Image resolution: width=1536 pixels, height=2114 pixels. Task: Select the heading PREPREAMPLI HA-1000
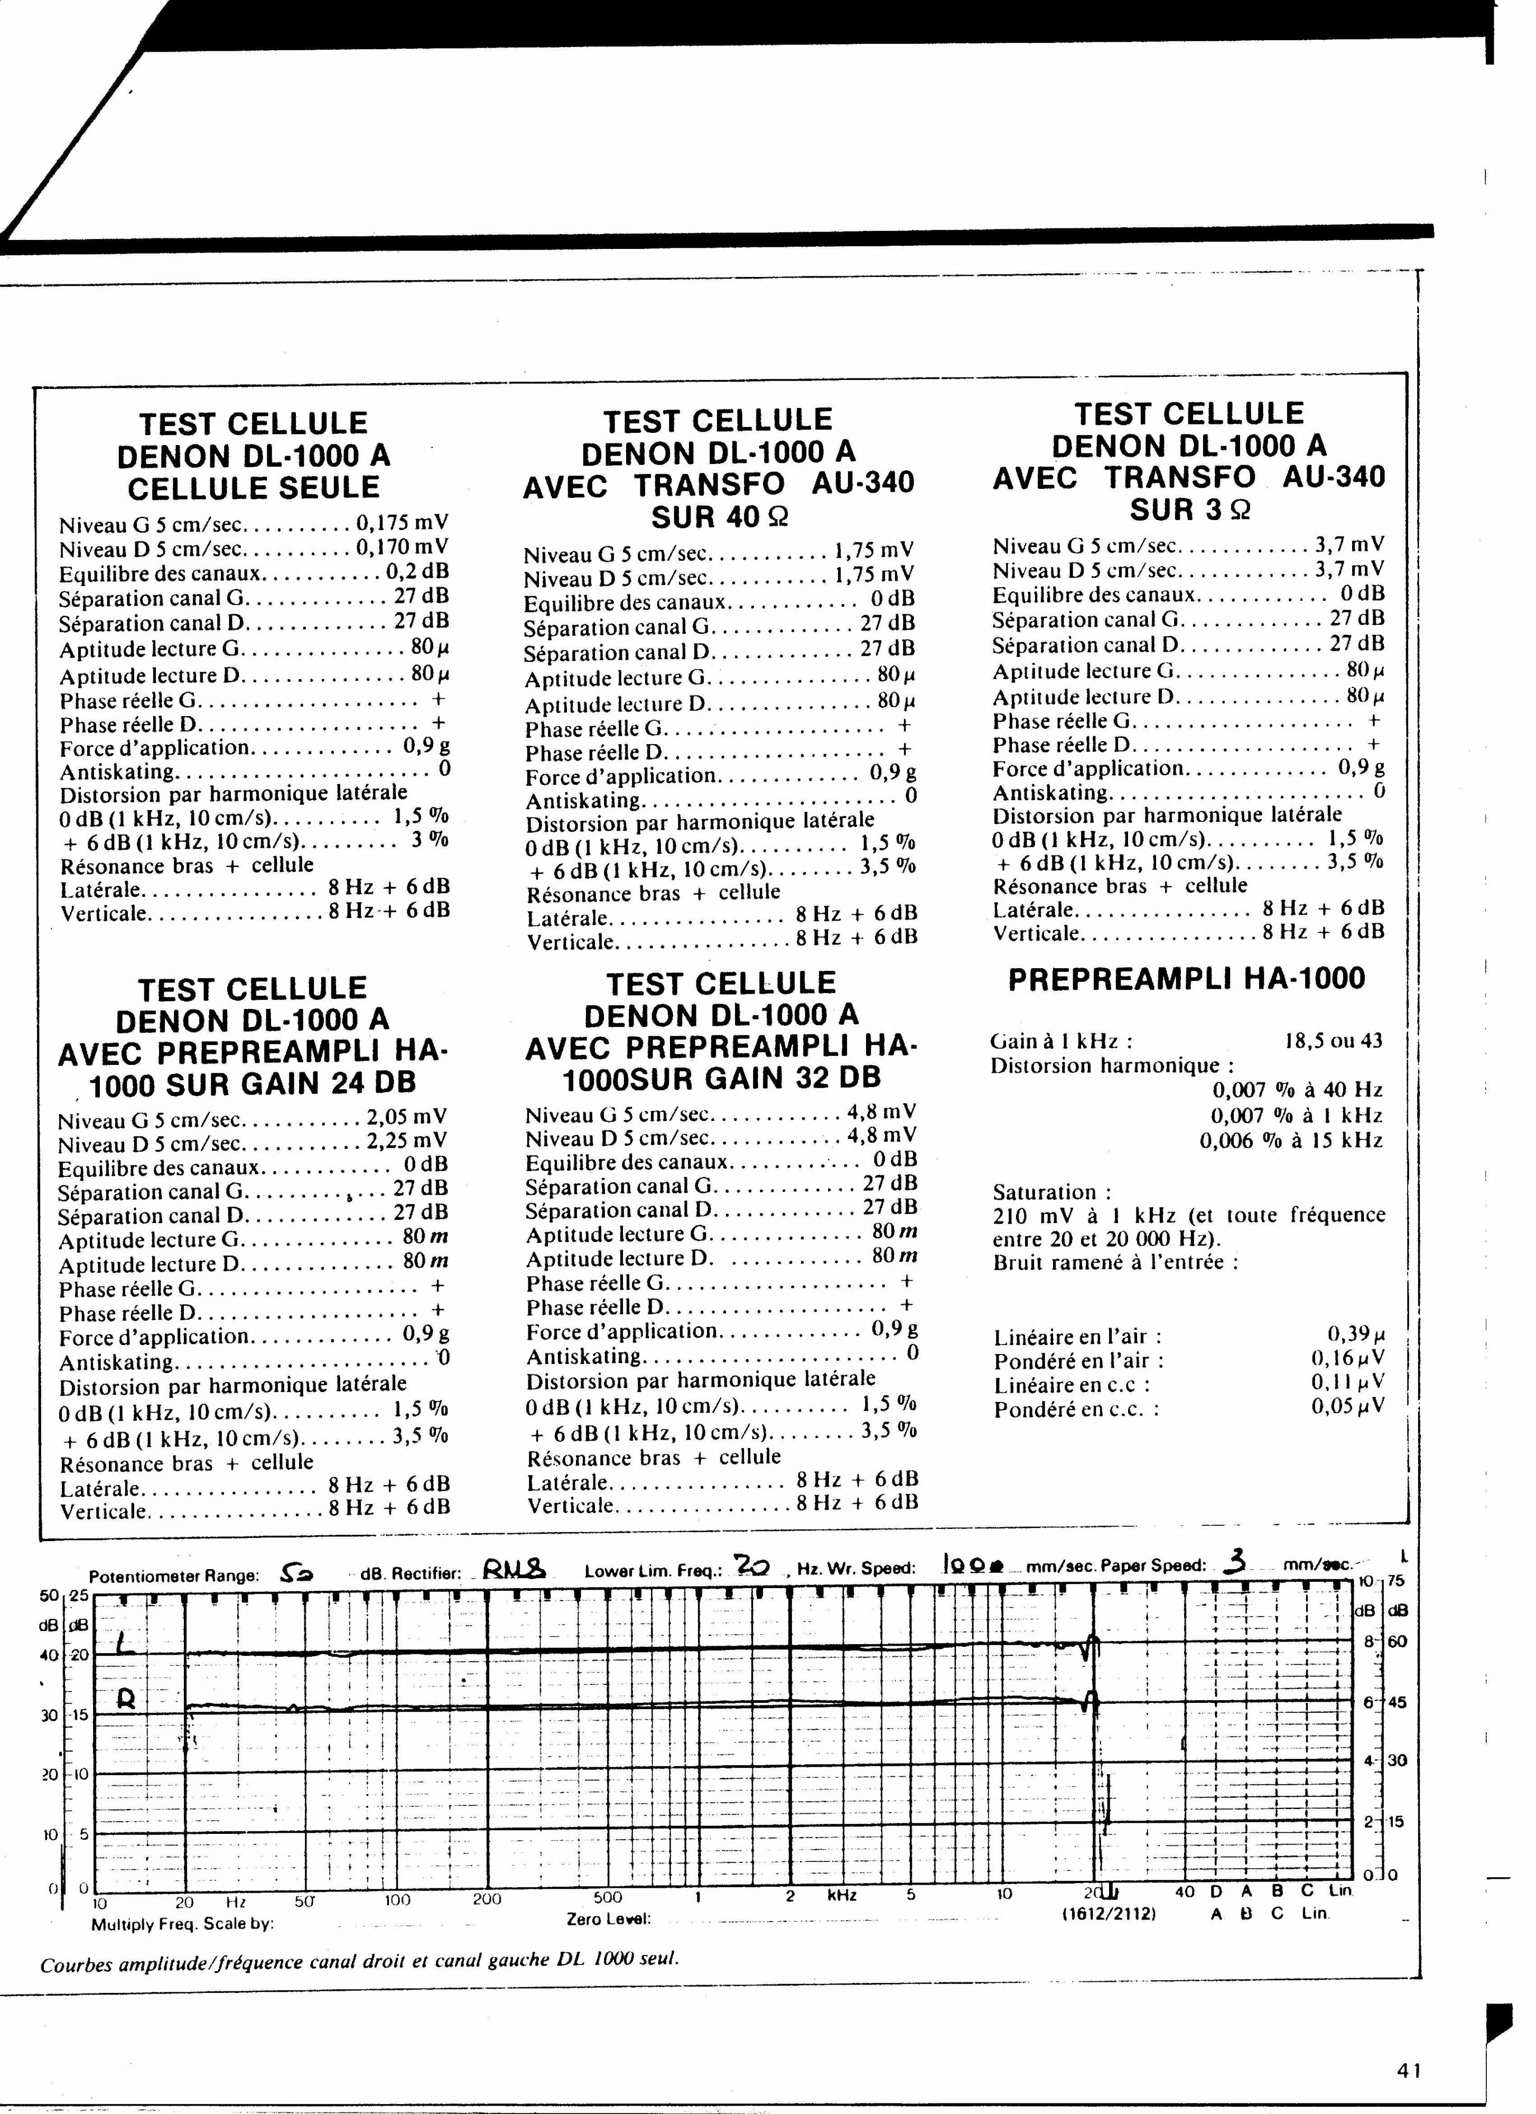click(1187, 979)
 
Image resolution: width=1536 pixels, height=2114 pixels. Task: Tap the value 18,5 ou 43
click(1333, 1041)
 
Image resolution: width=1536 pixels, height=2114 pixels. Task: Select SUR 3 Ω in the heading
click(1189, 510)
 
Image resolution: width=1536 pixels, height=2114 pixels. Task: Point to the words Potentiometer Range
click(173, 1576)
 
